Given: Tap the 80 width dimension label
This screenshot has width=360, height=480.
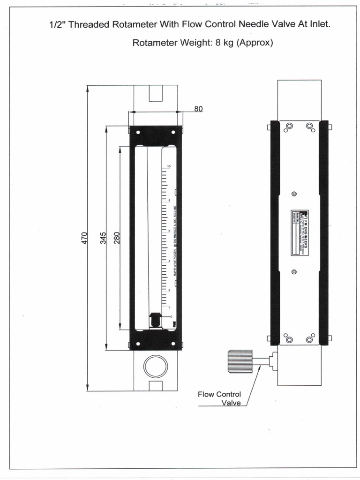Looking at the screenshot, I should pyautogui.click(x=198, y=109).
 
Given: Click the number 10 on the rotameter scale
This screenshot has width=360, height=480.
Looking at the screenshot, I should pyautogui.click(x=168, y=166).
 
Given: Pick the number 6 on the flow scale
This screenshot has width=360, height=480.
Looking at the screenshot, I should pyautogui.click(x=169, y=231).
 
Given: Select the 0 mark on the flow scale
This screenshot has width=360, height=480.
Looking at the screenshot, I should pyautogui.click(x=171, y=317).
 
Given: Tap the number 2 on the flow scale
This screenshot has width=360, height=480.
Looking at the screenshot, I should pyautogui.click(x=169, y=291).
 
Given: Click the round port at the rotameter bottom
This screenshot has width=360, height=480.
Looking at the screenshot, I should pyautogui.click(x=156, y=366).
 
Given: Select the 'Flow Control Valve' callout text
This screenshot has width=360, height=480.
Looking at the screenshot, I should pyautogui.click(x=219, y=398).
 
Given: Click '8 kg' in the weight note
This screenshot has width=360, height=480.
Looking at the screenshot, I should pyautogui.click(x=225, y=43).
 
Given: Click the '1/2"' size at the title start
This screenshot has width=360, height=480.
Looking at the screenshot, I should pyautogui.click(x=58, y=24).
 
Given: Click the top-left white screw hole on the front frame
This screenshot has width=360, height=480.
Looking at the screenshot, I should pyautogui.click(x=138, y=132).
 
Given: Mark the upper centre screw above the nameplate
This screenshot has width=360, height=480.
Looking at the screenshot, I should pyautogui.click(x=294, y=194).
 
